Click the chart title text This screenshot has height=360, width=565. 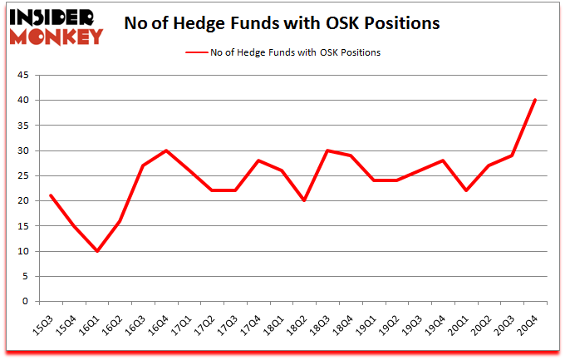pos(281,23)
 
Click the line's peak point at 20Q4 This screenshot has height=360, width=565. pos(535,101)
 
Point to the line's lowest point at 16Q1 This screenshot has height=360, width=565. pos(97,251)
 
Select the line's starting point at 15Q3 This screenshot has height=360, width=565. pos(52,196)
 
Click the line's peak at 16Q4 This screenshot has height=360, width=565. pos(166,150)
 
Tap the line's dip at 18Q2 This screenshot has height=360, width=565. pos(305,201)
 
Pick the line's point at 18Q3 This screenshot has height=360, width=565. pos(328,150)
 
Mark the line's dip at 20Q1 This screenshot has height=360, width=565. pos(466,190)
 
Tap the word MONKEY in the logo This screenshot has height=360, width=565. pos(58,36)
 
